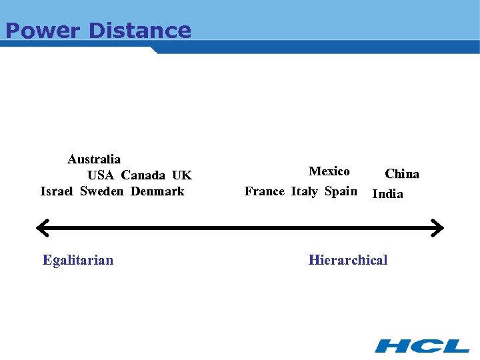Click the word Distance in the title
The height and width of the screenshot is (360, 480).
coord(139,31)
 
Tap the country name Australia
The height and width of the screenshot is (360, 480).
coord(94,159)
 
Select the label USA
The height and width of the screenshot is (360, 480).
coord(101,175)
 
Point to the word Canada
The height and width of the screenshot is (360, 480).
coord(143,175)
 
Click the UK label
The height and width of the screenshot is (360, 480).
coord(181,175)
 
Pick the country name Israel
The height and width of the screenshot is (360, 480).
coord(57,191)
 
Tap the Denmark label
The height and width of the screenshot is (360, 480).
coord(157,191)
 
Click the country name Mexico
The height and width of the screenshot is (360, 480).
coord(329,171)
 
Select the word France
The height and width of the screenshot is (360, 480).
coord(265,191)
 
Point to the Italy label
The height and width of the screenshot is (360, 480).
coord(304,191)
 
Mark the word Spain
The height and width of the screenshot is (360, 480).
coord(341,191)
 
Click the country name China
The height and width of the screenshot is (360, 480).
coord(402,174)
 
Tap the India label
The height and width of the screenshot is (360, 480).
coord(387,194)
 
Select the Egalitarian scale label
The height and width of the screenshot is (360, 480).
coord(78,260)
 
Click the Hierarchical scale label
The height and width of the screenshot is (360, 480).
coord(347,260)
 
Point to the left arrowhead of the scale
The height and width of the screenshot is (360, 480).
coord(42,227)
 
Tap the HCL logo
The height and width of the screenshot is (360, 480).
coord(422,345)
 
